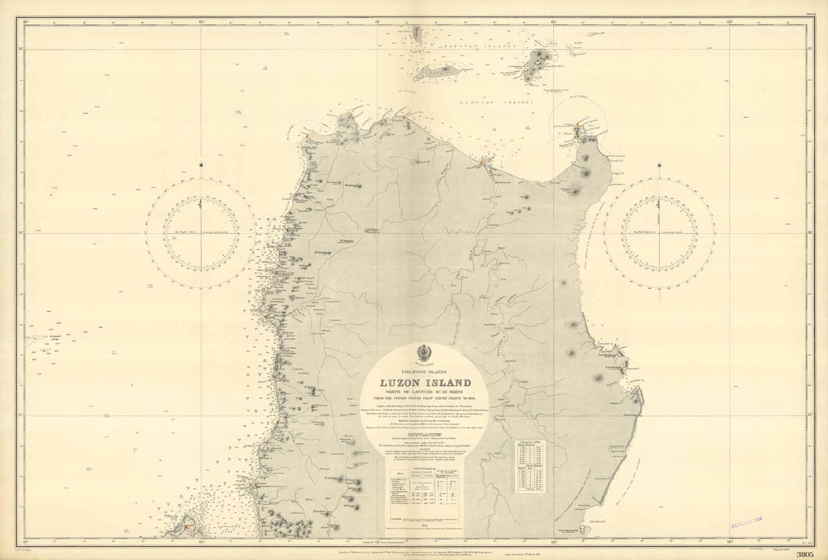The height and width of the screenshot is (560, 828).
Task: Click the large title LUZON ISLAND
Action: click(x=425, y=384)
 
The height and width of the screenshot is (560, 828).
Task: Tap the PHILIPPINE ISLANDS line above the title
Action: click(x=424, y=372)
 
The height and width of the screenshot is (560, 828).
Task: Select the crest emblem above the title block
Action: click(x=425, y=354)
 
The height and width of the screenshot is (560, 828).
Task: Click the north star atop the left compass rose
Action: click(x=201, y=165)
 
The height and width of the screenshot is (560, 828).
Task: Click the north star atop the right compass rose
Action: click(x=659, y=165)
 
